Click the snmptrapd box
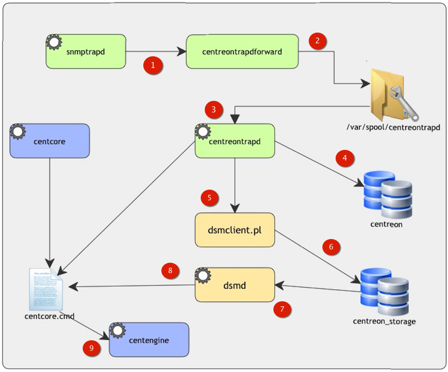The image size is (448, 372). coord(86,51)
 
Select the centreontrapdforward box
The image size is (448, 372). coord(242,51)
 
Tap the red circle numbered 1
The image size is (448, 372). coord(153,66)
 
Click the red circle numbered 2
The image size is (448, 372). coord(317,40)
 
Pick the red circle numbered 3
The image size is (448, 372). coord(213,110)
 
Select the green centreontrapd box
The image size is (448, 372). coord(235,140)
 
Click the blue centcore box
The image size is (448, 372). coord(49,140)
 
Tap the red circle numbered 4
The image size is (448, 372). coord(344,159)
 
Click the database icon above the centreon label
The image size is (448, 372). coord(387,194)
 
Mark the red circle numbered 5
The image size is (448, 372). coord(210,198)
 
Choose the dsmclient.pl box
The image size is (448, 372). coord(235,230)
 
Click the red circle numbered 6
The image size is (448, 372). coord(331,247)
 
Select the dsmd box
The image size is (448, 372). coord(235,285)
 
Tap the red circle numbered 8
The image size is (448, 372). coord(170,271)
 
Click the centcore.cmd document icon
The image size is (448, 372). coord(46,288)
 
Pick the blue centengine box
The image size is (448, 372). coord(149,340)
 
